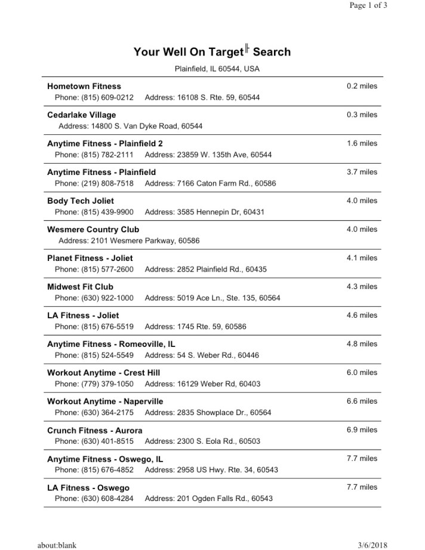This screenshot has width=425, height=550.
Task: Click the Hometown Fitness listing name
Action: tap(84, 86)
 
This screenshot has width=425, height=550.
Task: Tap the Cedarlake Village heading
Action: tap(82, 115)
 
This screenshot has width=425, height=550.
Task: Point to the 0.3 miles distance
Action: tap(362, 115)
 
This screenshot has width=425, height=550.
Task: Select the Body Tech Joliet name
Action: tap(81, 201)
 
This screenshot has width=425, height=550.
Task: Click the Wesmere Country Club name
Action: tap(93, 229)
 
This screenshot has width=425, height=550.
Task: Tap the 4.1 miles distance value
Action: tap(362, 258)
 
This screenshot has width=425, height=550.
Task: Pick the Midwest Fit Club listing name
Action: tap(80, 287)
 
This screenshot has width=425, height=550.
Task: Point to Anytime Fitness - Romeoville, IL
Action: tap(111, 344)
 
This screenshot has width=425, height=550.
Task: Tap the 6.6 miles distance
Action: tap(362, 401)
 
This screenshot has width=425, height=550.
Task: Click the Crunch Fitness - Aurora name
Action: tap(95, 430)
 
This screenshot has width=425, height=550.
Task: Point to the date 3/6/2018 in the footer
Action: tap(372, 545)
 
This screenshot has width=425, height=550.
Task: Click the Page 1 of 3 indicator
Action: tap(368, 5)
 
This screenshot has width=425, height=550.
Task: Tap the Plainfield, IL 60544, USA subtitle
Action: tap(217, 69)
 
